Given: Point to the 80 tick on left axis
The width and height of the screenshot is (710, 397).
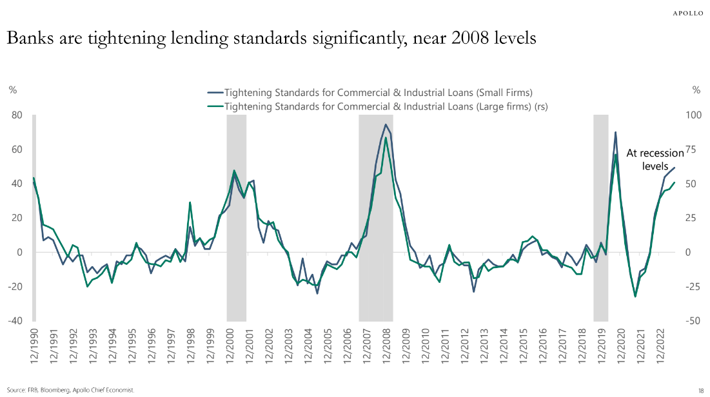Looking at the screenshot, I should [x=17, y=115].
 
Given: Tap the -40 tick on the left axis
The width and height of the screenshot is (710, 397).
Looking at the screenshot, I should [x=15, y=321].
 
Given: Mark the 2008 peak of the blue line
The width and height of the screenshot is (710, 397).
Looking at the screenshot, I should [x=386, y=124].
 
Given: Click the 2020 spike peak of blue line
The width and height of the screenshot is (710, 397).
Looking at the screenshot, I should [x=616, y=132].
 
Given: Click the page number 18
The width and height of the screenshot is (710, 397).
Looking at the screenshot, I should [x=700, y=391].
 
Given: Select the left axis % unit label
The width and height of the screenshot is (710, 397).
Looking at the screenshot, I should [x=12, y=91].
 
